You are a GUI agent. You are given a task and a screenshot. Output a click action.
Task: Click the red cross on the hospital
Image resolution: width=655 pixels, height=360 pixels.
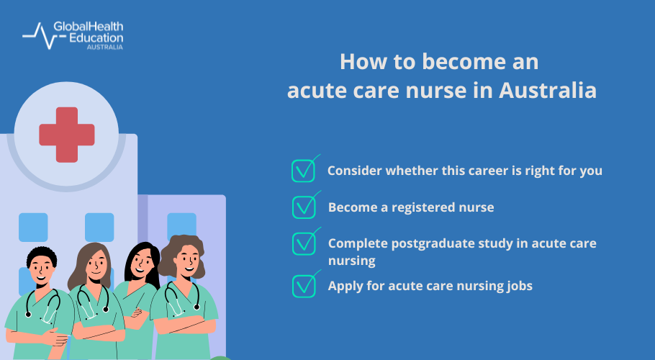(66, 134)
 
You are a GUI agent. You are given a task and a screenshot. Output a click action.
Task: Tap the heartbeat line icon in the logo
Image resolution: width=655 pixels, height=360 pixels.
(37, 35)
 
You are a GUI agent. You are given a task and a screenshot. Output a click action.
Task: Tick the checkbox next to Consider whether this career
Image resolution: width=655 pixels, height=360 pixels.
(304, 171)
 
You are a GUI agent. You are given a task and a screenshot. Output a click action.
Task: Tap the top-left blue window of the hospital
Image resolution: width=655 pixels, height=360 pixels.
(33, 227)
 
